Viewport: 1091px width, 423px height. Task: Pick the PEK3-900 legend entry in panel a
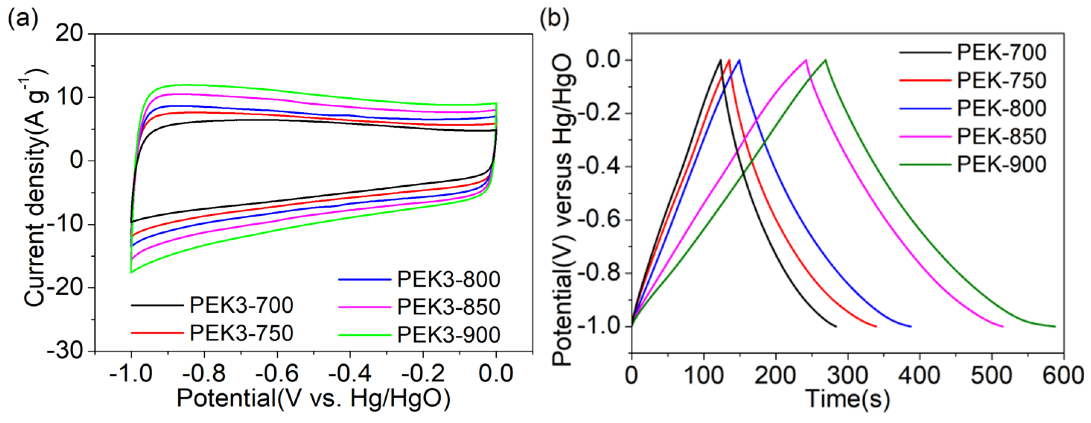pos(448,335)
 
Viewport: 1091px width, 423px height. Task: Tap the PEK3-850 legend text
pos(448,307)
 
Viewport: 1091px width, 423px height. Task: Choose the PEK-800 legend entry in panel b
pos(1001,108)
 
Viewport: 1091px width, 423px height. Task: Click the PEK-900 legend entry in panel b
pos(1001,164)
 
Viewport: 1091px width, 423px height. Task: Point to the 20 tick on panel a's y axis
pos(70,34)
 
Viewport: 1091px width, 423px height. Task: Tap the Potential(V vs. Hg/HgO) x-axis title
pos(313,398)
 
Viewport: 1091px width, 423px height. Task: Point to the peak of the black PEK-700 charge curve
pos(720,60)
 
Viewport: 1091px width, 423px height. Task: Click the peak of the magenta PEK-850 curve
pos(806,60)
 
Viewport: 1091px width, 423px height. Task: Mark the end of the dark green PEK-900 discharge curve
pos(1055,326)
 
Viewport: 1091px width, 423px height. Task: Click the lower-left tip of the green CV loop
pos(131,272)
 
